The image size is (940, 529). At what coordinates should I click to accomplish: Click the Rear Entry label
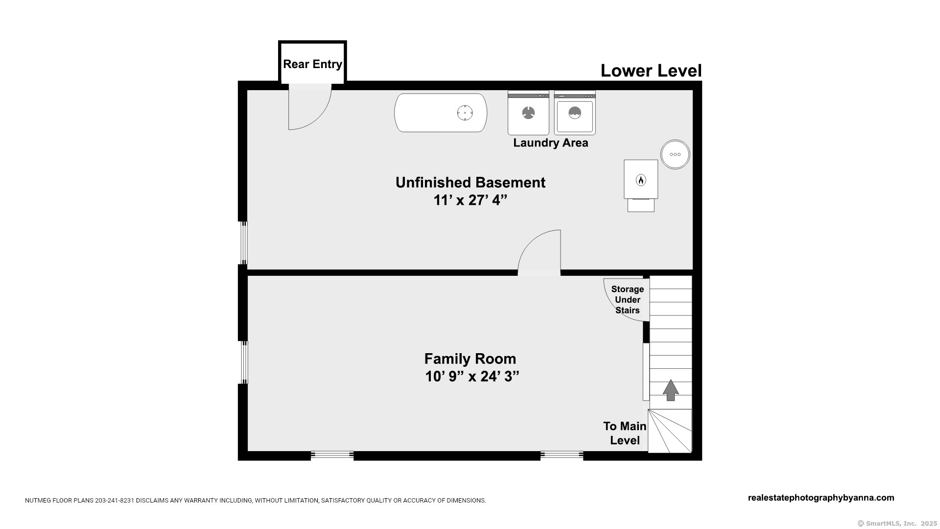(x=312, y=64)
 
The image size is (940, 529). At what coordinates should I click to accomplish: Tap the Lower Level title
(x=651, y=71)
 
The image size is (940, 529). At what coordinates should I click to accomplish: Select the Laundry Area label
(x=551, y=143)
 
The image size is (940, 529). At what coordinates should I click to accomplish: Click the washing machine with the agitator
(x=528, y=113)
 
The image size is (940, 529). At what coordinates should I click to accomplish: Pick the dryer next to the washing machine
(x=575, y=113)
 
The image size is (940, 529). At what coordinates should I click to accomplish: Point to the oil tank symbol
(x=441, y=113)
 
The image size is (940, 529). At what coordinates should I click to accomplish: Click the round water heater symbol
(x=675, y=154)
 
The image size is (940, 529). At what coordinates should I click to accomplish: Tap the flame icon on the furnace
(x=640, y=180)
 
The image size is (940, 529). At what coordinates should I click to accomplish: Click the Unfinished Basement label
(x=470, y=183)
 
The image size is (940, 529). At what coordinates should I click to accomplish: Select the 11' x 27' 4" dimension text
(x=470, y=200)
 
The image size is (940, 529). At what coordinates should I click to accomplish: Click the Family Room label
(x=470, y=359)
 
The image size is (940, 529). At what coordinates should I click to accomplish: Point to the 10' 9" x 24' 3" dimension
(x=472, y=377)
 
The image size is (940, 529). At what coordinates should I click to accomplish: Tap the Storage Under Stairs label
(x=628, y=300)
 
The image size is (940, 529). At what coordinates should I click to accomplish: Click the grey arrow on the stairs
(x=671, y=390)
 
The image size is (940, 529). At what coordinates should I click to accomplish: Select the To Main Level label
(x=625, y=433)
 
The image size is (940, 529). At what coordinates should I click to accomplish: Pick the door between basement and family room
(x=539, y=253)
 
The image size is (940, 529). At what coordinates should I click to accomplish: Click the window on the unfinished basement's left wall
(x=243, y=243)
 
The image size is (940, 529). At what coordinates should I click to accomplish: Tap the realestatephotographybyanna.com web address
(x=821, y=498)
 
